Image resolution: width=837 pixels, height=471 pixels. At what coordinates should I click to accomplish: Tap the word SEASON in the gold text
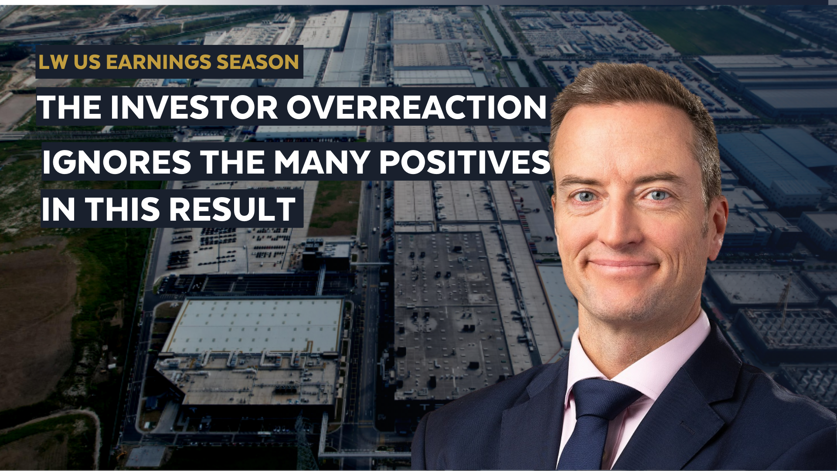[258, 62]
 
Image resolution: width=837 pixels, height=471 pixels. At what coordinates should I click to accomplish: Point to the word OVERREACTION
[416, 107]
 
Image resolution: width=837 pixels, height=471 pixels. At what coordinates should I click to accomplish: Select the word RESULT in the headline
[232, 210]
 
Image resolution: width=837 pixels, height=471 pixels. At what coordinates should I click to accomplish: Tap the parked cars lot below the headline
[227, 246]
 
